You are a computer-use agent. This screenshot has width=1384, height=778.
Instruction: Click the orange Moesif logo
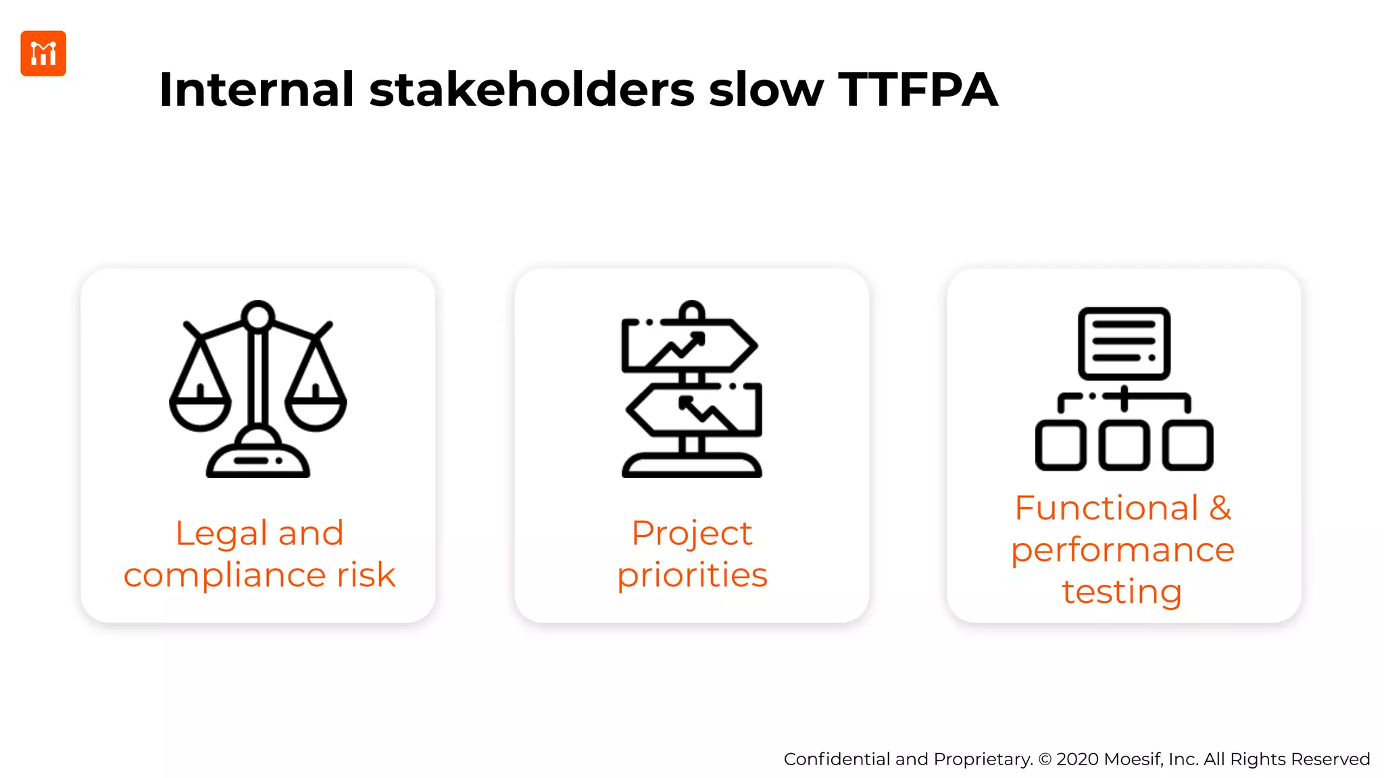click(43, 53)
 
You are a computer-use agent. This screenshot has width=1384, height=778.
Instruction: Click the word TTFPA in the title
click(917, 90)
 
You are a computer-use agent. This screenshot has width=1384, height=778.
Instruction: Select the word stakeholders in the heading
click(532, 90)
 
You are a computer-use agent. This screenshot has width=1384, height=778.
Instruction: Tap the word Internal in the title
click(256, 90)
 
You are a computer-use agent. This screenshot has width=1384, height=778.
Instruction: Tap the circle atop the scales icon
click(258, 316)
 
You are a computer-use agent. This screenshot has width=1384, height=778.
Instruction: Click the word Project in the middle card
click(691, 534)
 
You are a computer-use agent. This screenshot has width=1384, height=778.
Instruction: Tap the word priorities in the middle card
click(692, 575)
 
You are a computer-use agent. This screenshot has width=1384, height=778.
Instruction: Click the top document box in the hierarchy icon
click(1124, 343)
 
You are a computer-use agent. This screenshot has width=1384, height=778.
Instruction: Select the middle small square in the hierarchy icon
click(1124, 445)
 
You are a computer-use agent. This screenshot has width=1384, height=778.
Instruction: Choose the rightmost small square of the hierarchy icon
click(1187, 445)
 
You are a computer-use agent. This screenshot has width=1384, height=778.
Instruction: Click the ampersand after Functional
click(1220, 508)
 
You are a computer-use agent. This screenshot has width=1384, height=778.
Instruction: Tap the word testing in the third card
click(1122, 592)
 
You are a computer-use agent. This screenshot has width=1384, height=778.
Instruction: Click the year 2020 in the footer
click(1077, 759)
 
